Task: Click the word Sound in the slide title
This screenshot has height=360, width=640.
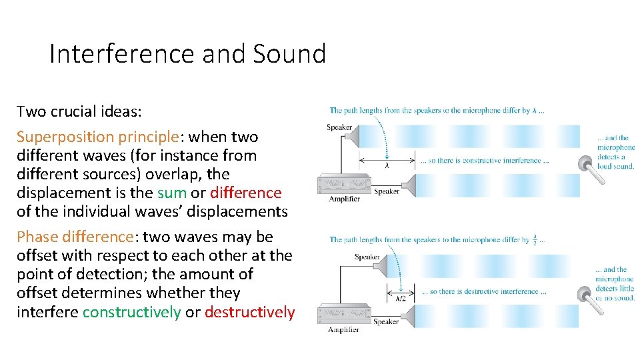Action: [289, 53]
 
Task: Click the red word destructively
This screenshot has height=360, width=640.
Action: [249, 312]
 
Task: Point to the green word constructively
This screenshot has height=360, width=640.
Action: [131, 312]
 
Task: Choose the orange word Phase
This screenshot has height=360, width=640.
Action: [37, 237]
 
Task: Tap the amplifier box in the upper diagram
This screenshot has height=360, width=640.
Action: [344, 183]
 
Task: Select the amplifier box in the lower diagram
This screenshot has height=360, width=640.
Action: [344, 313]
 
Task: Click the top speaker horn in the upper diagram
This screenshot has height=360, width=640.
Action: [351, 136]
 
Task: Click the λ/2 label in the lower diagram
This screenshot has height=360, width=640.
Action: [400, 299]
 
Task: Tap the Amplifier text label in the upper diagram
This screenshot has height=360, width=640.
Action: [343, 199]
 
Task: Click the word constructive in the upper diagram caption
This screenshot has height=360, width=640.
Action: [481, 161]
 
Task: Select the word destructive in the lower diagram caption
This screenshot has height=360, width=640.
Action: [479, 291]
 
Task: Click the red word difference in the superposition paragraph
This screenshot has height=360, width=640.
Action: [245, 193]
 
